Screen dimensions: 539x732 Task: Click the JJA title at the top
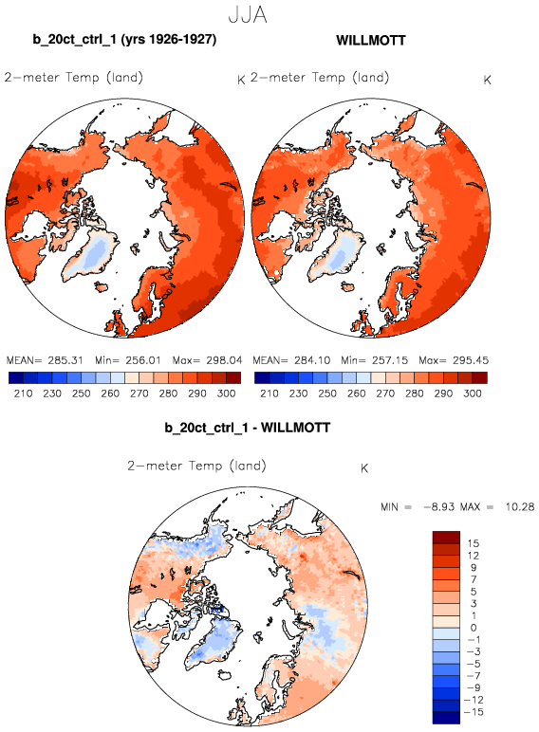tap(248, 15)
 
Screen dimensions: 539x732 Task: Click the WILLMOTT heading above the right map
tap(371, 40)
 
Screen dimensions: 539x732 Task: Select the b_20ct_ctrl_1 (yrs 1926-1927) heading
tap(124, 39)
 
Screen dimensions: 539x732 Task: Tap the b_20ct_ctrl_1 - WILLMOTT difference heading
tap(248, 428)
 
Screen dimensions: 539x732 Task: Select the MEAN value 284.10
tap(312, 360)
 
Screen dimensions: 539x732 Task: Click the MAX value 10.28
tap(519, 507)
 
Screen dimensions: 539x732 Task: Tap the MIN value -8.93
tap(439, 507)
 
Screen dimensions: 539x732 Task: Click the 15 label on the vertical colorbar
tap(474, 543)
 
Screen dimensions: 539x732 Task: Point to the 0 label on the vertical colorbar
tap(474, 628)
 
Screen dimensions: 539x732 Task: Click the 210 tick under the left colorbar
tap(24, 393)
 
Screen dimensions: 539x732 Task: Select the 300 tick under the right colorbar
tap(473, 393)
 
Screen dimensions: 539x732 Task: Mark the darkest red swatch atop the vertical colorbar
tap(447, 538)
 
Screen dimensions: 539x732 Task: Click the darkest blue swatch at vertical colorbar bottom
tap(447, 718)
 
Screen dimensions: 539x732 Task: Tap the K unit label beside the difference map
tap(364, 468)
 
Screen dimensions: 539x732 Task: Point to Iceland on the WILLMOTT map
tap(346, 286)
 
